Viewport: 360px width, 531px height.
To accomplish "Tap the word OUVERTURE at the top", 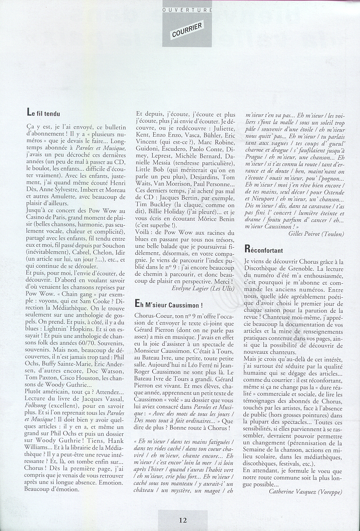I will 188,10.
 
